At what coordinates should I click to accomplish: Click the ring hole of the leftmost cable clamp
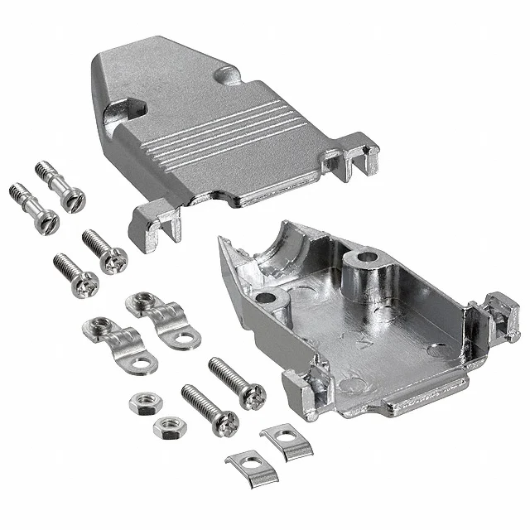point(142,363)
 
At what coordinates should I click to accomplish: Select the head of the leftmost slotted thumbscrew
point(48,220)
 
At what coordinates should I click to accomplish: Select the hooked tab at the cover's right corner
point(358,157)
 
